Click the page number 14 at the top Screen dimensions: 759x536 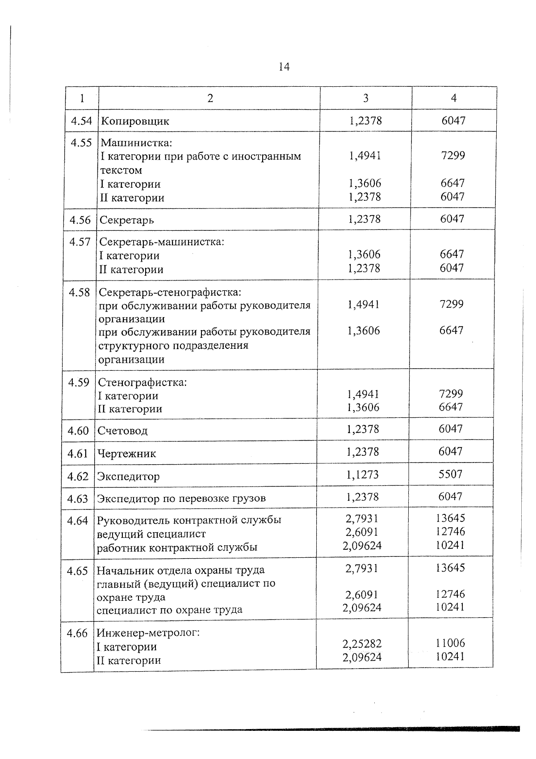(284, 67)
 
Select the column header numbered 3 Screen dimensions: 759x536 (366, 98)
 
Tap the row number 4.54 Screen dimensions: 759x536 (81, 121)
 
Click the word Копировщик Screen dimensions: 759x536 (135, 121)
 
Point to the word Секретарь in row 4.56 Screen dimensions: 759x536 (127, 220)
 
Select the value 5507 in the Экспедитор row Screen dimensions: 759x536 (450, 474)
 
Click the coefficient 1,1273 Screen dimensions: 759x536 (363, 475)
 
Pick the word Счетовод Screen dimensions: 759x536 (122, 431)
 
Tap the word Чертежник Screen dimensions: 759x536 (126, 454)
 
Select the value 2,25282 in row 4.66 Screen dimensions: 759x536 (362, 644)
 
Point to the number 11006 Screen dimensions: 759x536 (450, 643)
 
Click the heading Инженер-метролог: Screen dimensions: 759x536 (148, 633)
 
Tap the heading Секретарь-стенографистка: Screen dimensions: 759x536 (170, 293)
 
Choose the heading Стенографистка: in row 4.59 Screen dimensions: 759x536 (142, 383)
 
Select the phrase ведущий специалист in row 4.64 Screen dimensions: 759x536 (151, 534)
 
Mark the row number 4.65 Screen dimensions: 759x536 (77, 571)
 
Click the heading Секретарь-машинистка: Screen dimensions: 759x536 (161, 242)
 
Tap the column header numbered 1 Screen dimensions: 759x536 (82, 98)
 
